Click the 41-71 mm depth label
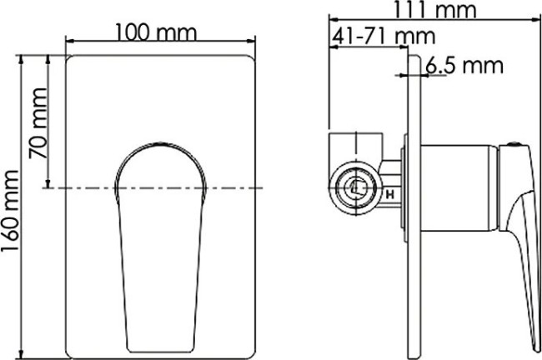point(383,37)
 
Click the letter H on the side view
point(389,196)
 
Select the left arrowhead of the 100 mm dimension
point(67,41)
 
